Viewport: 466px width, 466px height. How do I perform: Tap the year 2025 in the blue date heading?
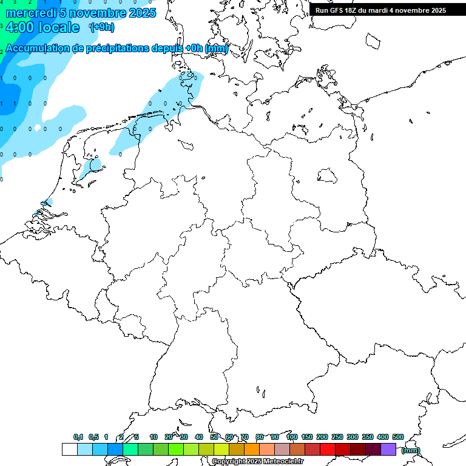[141, 13]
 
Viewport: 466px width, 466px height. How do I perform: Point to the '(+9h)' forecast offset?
[101, 27]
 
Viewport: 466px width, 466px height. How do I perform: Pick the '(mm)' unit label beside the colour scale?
[411, 450]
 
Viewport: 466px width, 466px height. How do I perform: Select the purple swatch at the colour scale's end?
[388, 450]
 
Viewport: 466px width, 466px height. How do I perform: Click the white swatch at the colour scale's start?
[69, 450]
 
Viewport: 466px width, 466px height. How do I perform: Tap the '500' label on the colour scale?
[398, 437]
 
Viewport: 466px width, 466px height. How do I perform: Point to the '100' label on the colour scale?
[292, 437]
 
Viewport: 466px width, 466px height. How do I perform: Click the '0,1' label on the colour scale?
[78, 437]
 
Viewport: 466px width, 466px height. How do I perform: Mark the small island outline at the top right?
[373, 40]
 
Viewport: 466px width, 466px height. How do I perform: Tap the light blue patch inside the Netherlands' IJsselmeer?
[95, 165]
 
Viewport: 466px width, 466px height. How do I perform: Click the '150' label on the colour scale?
[307, 437]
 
